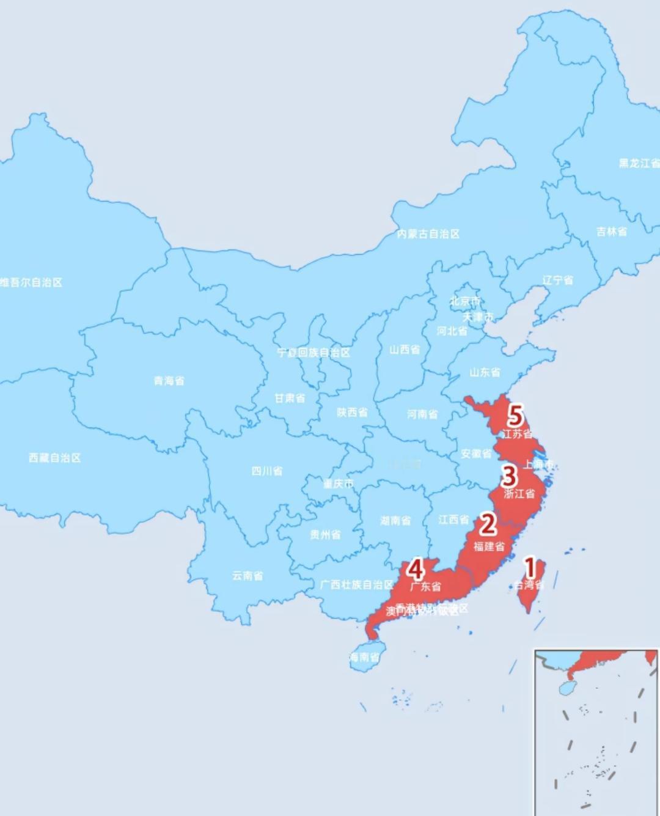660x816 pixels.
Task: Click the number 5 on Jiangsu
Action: [x=516, y=416]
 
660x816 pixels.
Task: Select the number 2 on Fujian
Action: [x=488, y=524]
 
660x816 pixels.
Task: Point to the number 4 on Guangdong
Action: [x=416, y=569]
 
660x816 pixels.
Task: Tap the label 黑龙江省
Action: [x=639, y=163]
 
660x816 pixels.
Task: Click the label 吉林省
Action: [x=612, y=232]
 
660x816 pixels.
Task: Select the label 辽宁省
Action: [x=558, y=280]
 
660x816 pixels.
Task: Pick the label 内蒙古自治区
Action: [x=428, y=233]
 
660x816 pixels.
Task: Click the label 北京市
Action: [x=465, y=301]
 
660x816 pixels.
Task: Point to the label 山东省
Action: [x=485, y=372]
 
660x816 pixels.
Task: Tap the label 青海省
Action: [x=169, y=381]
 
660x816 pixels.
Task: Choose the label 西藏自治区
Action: [x=55, y=458]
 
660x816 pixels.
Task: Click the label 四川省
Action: [x=267, y=471]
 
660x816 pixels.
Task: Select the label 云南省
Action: [x=248, y=576]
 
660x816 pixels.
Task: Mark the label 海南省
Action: [x=364, y=658]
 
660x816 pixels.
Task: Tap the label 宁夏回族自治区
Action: [x=313, y=353]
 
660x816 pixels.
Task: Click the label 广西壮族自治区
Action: [x=357, y=585]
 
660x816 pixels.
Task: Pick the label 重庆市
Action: [x=338, y=484]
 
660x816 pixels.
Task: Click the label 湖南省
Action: [x=395, y=521]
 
